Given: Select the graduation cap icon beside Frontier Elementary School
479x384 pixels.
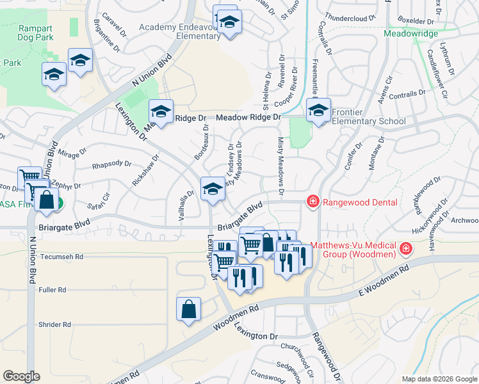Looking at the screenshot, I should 318,111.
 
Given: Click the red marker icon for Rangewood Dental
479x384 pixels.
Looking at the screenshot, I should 313,202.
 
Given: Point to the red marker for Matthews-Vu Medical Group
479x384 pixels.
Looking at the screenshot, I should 405,248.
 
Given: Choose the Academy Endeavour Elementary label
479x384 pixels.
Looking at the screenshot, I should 180,31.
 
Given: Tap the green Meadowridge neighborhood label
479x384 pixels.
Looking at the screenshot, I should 410,33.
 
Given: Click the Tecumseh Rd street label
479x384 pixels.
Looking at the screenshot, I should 61,257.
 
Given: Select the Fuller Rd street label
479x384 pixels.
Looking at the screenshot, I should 53,290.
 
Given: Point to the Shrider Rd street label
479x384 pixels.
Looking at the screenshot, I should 54,324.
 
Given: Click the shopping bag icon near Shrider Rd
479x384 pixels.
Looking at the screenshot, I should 188,309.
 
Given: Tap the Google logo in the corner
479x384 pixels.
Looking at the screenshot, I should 22,376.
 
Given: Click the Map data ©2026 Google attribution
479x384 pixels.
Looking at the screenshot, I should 439,379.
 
